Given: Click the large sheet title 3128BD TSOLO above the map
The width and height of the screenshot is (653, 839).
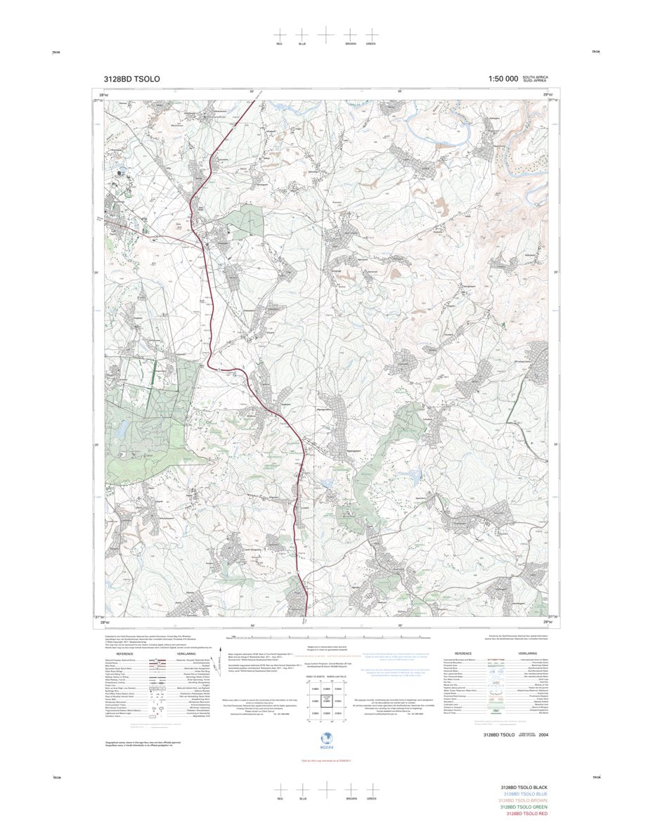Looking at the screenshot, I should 131,79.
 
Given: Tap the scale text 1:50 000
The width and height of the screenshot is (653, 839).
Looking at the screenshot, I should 503,79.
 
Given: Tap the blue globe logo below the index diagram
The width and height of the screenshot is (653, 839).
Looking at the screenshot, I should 325,737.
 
